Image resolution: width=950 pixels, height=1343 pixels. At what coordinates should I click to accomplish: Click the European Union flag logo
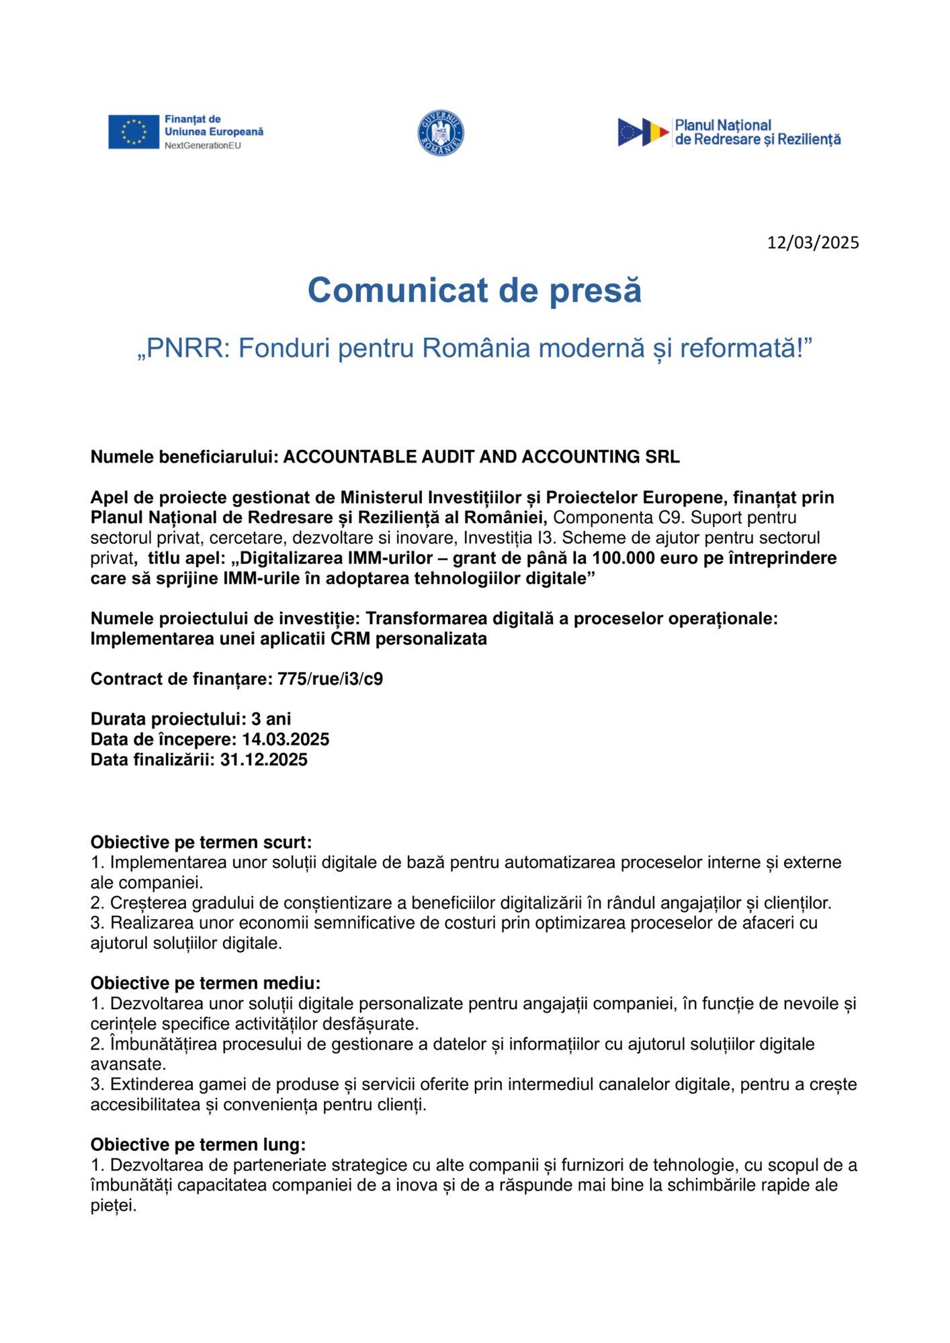tap(134, 132)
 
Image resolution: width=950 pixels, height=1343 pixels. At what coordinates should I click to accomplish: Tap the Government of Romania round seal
tap(441, 133)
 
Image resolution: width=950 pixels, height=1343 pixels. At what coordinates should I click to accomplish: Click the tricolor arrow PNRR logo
tap(643, 132)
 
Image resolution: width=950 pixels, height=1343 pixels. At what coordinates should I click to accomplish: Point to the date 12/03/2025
tap(813, 242)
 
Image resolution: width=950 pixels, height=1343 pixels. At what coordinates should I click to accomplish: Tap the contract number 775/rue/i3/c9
tap(330, 679)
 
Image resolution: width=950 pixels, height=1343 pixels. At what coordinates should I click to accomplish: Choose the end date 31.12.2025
tap(263, 759)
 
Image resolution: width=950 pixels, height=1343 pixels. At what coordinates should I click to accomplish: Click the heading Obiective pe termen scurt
tap(201, 842)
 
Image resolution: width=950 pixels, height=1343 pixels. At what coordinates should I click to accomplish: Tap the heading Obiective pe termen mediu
tap(205, 983)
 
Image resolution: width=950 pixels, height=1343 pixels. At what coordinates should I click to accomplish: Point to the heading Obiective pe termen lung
tap(198, 1144)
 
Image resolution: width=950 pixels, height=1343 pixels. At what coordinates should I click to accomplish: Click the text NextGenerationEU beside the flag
tap(202, 146)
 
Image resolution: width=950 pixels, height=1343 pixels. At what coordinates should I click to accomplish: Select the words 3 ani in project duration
tap(271, 719)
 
